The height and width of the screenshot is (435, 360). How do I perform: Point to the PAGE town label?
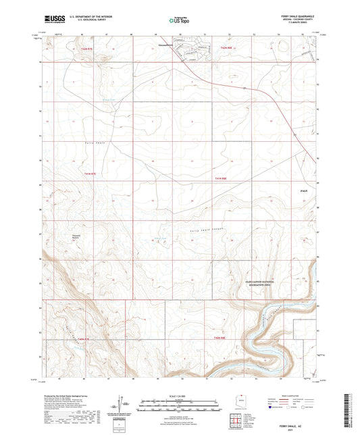tap(303, 193)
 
